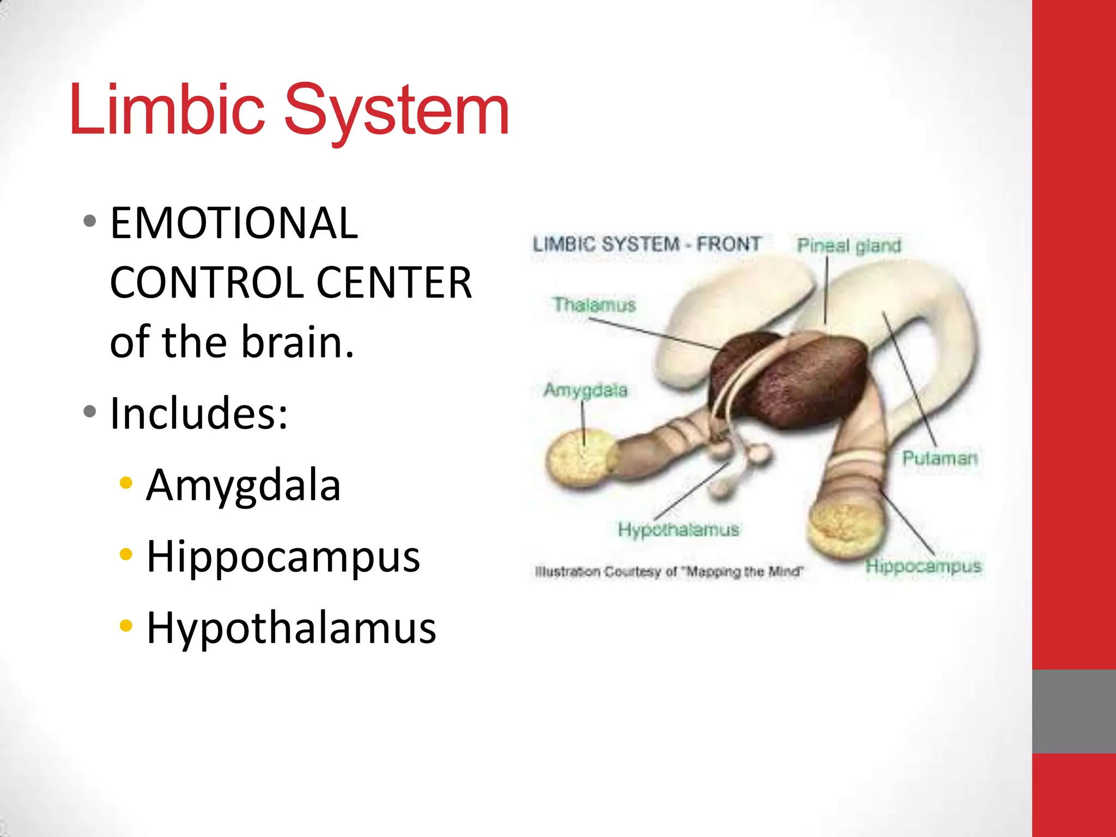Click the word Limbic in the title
tap(167, 109)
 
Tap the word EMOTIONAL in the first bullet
tap(234, 223)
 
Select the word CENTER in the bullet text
tap(393, 283)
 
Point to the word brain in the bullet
tap(297, 342)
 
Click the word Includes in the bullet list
tap(199, 413)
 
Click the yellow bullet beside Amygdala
tap(126, 483)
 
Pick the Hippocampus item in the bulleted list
tap(283, 556)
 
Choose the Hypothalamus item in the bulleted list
tap(292, 628)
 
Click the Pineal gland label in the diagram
tap(848, 246)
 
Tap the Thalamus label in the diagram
tap(595, 305)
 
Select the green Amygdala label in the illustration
tap(585, 390)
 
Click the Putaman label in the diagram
tap(939, 458)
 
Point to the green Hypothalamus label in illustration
tap(678, 530)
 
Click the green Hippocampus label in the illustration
tap(923, 567)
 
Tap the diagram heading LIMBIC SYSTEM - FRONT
tap(646, 244)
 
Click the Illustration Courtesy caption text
tap(669, 572)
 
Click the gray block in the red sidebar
tap(1073, 711)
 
